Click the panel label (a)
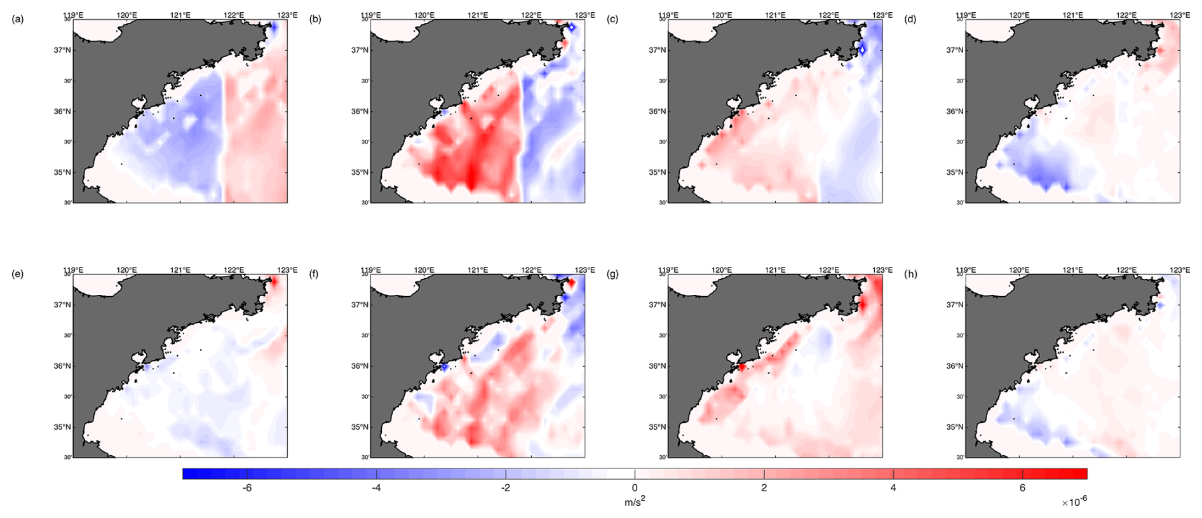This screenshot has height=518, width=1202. (x=18, y=19)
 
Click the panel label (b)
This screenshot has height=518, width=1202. (x=315, y=19)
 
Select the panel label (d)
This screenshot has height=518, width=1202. (x=910, y=19)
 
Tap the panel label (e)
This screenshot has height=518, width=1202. (x=18, y=274)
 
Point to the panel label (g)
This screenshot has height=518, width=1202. (x=612, y=274)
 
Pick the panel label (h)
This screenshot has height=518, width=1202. (x=910, y=274)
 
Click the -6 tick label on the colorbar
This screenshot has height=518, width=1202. (x=247, y=488)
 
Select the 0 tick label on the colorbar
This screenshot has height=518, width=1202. (x=635, y=488)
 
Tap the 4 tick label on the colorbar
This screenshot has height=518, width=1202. (x=893, y=488)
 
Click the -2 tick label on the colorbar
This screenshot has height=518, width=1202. (x=505, y=488)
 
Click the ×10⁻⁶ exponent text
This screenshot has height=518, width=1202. (x=1074, y=502)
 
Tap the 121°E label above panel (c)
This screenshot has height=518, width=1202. (x=775, y=15)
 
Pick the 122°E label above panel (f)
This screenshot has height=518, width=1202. (x=532, y=270)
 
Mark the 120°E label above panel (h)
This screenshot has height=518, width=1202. (x=1019, y=270)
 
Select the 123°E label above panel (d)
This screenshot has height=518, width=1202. (x=1180, y=15)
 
